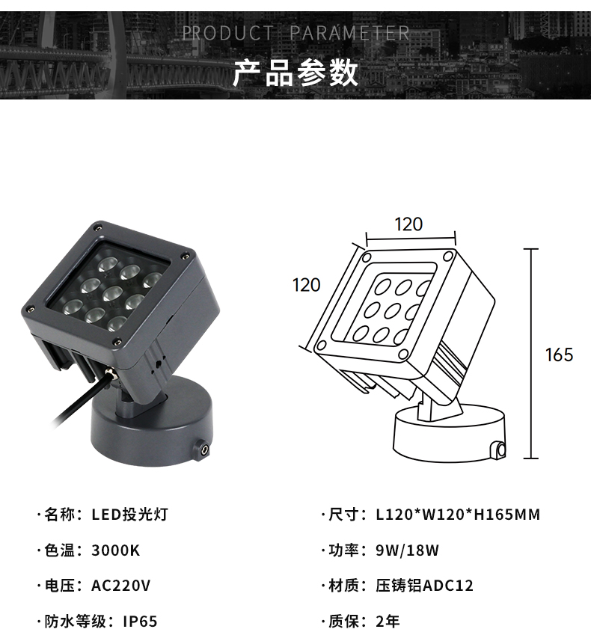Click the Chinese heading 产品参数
click(x=295, y=73)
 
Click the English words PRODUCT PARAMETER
click(x=295, y=33)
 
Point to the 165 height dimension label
click(x=559, y=355)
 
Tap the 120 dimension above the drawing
click(x=408, y=224)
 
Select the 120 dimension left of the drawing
click(x=306, y=285)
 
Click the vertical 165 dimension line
click(x=530, y=354)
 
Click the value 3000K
click(x=116, y=550)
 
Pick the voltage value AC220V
click(x=121, y=586)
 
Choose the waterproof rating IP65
click(x=140, y=622)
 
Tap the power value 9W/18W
click(x=407, y=550)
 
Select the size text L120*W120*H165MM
click(x=458, y=515)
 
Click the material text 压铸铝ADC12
click(x=424, y=586)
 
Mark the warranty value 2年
click(x=388, y=622)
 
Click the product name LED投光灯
click(x=129, y=515)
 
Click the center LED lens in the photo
click(x=113, y=294)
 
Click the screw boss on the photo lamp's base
click(x=202, y=450)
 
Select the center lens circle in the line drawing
click(x=392, y=311)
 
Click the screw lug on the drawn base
click(x=498, y=450)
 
